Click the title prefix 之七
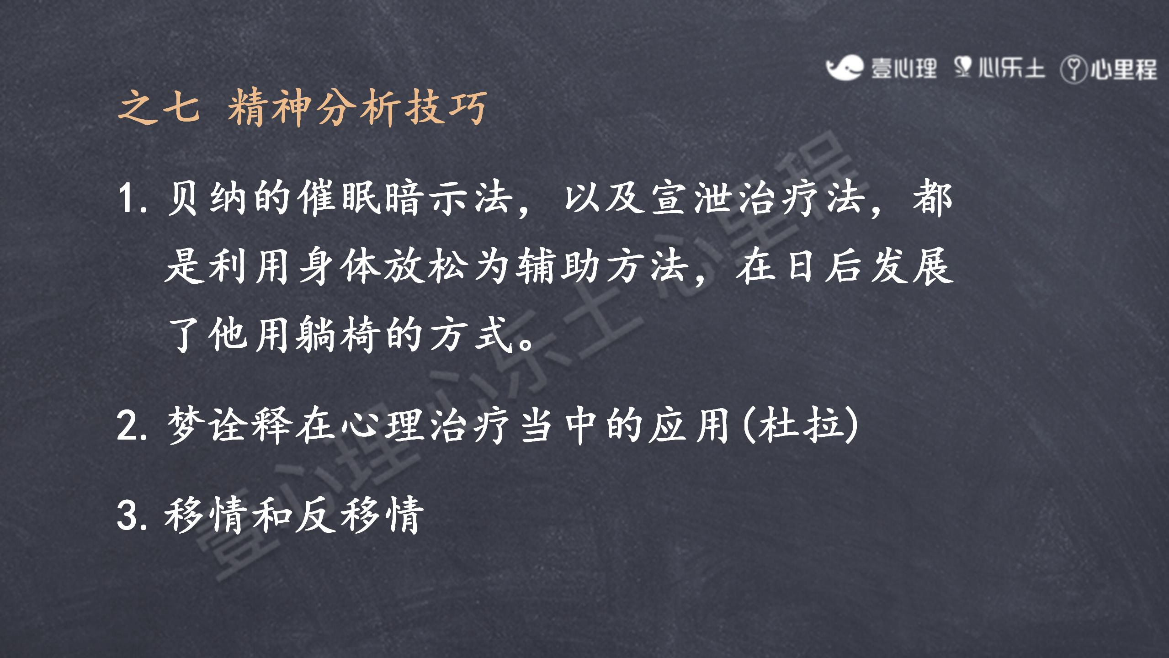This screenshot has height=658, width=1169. [159, 107]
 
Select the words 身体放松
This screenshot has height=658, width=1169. [384, 266]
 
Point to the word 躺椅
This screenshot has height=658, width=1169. [338, 334]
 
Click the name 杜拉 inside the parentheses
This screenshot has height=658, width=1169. [800, 425]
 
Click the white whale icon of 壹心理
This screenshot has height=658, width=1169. [845, 68]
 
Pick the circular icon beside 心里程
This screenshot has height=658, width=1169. [1073, 69]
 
